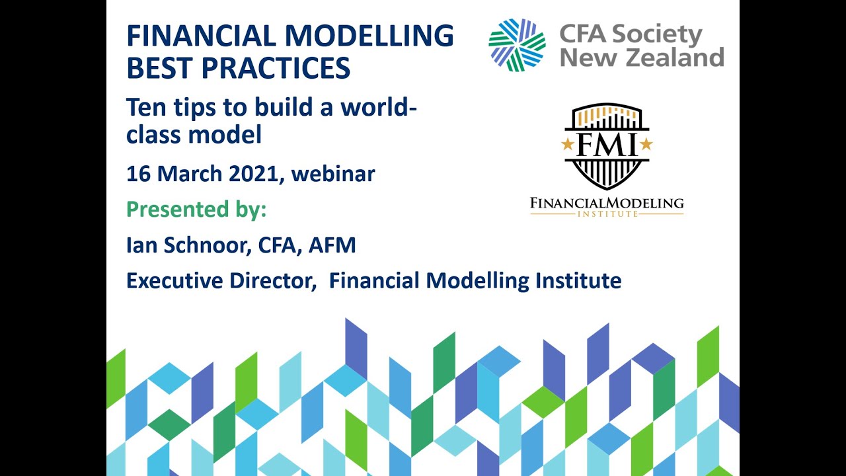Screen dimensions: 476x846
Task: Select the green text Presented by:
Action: [196, 210]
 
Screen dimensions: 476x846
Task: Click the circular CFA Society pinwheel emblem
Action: [517, 44]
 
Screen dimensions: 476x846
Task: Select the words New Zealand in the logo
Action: [642, 58]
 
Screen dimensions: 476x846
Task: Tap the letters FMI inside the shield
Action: [607, 144]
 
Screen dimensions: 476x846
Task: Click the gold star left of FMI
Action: [567, 143]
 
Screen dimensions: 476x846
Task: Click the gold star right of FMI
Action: [646, 143]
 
